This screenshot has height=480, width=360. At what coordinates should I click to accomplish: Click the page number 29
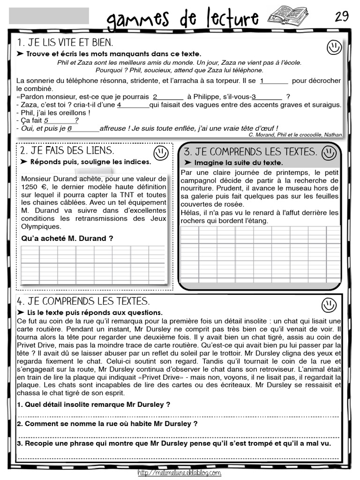click(342, 16)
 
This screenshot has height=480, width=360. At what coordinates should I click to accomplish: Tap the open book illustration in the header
click(287, 16)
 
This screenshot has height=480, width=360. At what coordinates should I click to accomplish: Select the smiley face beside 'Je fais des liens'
click(160, 152)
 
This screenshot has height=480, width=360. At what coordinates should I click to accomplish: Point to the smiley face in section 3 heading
click(330, 152)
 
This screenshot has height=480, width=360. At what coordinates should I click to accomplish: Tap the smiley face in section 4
click(329, 305)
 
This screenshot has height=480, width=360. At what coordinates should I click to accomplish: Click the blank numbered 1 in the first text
click(274, 81)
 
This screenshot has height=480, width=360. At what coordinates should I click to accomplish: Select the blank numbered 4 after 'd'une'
click(133, 105)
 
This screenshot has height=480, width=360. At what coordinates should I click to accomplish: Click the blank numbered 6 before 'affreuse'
click(83, 128)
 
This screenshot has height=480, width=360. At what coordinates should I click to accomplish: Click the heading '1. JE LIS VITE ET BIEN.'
click(65, 43)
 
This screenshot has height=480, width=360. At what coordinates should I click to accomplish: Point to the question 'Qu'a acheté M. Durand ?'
click(67, 238)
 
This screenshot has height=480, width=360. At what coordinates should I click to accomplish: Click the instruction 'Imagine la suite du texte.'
click(238, 163)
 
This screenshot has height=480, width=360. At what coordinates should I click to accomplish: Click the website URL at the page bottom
click(180, 473)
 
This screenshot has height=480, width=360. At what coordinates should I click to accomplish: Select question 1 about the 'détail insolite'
click(93, 404)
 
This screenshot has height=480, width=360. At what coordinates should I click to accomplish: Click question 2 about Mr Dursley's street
click(107, 423)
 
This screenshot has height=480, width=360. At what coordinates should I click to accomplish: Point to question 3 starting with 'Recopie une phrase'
click(173, 443)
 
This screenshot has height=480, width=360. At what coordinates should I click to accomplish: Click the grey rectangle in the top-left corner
click(49, 16)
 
